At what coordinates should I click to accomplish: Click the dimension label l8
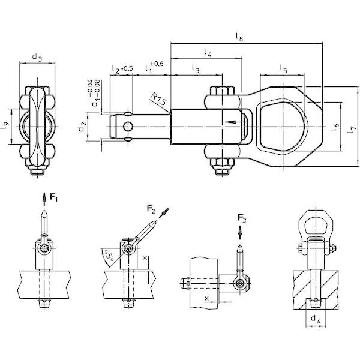click(x=240, y=37)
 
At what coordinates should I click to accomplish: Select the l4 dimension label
click(x=207, y=53)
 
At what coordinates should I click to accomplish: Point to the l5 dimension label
click(x=284, y=70)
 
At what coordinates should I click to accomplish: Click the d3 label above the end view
click(x=37, y=58)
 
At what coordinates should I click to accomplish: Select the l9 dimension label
click(x=5, y=126)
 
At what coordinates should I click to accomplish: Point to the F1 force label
click(x=54, y=197)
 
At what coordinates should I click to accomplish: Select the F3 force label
click(x=241, y=217)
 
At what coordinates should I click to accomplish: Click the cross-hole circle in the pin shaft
click(x=126, y=126)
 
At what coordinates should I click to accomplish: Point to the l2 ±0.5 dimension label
click(x=122, y=70)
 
